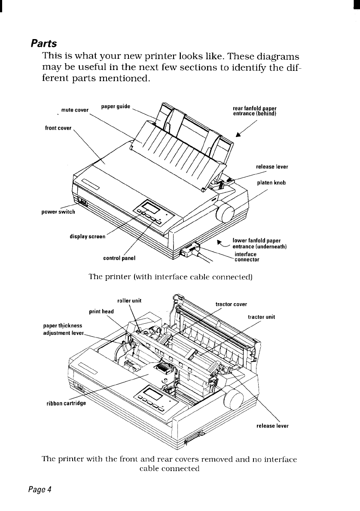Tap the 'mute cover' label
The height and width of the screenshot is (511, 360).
[75, 110]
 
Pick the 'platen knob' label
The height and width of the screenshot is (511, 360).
[272, 182]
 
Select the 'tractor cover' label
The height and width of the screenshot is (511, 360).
[231, 304]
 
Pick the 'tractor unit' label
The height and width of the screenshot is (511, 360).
[262, 317]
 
